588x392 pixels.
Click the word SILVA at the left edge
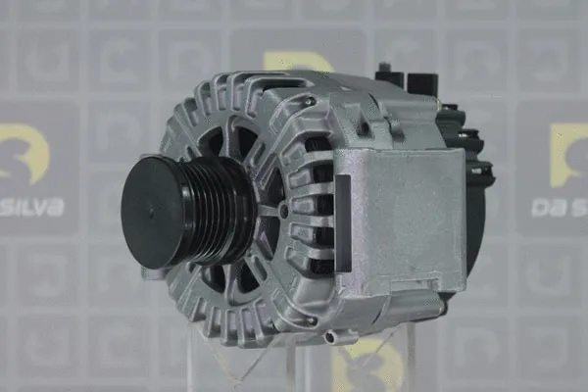[x=31, y=207]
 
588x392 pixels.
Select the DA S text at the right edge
[x=560, y=207]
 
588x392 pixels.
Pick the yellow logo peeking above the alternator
[x=294, y=62]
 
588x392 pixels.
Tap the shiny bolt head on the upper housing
[x=308, y=100]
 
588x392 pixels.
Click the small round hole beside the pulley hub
[x=283, y=210]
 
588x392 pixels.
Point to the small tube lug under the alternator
[x=338, y=336]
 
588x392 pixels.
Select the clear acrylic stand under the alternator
[x=294, y=363]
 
